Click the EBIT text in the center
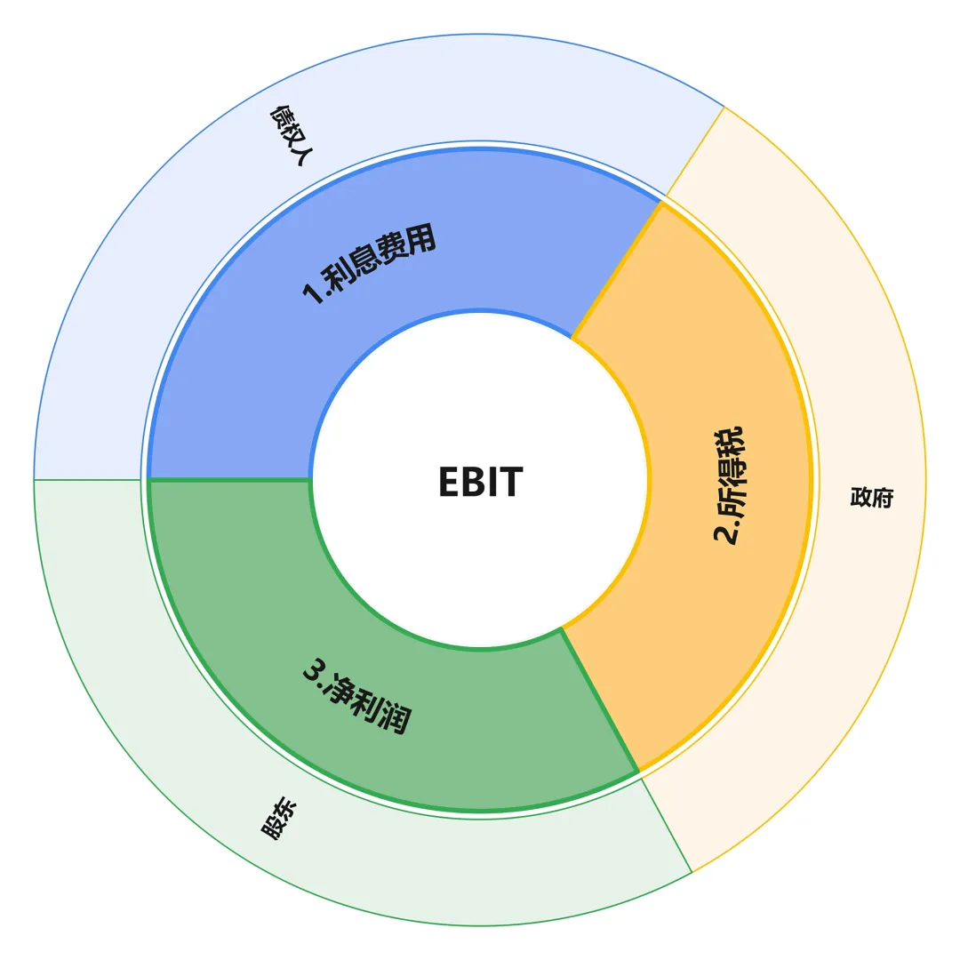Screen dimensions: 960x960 (x=481, y=481)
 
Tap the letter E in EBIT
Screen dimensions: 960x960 (x=448, y=481)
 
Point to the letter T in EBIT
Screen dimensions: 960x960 (x=513, y=481)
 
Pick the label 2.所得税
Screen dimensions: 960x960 (x=729, y=484)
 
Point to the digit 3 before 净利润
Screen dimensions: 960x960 (x=314, y=670)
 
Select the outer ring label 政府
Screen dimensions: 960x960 (x=872, y=497)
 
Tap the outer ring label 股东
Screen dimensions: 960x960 (x=278, y=818)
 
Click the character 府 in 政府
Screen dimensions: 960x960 (x=883, y=497)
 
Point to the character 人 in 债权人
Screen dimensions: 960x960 (x=303, y=155)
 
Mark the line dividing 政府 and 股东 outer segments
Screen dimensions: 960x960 (x=666, y=825)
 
